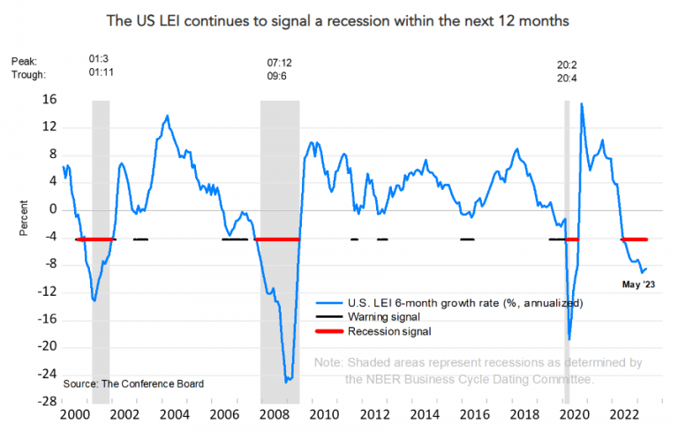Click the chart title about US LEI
[338, 19]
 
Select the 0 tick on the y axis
[51, 209]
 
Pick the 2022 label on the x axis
[624, 415]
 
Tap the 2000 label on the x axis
[72, 415]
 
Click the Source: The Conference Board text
[133, 383]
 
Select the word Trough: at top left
[28, 76]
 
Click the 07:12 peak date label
[280, 64]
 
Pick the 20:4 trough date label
[568, 79]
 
